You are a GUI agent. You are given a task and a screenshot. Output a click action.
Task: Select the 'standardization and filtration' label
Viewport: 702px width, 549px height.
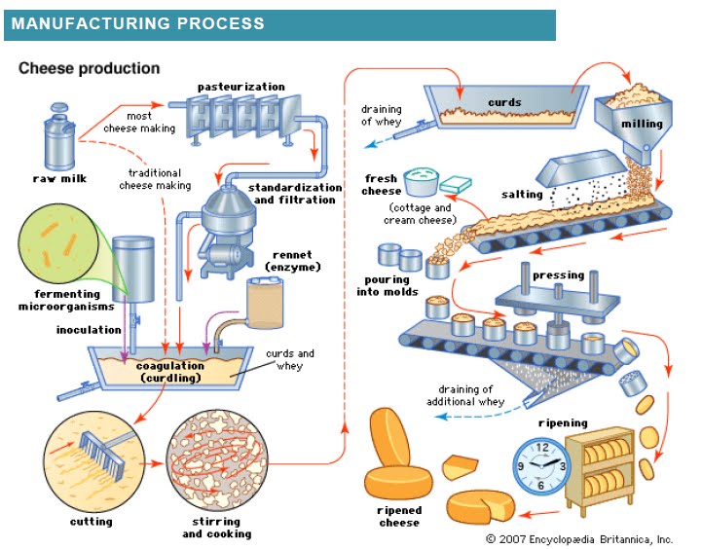[x=292, y=194]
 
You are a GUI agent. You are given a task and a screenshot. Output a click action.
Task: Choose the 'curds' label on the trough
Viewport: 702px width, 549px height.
[x=504, y=102]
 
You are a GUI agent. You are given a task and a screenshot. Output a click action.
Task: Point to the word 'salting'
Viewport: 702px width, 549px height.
[x=522, y=195]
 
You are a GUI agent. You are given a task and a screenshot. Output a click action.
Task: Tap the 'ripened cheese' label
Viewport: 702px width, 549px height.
[x=398, y=516]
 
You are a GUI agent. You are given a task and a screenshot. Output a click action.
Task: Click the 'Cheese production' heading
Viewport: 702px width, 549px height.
[x=90, y=69]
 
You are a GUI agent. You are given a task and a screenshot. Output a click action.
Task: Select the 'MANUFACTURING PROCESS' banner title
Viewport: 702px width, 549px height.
[x=137, y=23]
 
